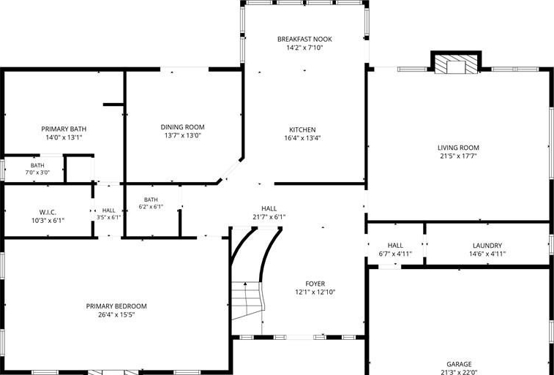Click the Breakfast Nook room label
[x=304, y=39]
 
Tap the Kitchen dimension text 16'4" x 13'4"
[x=302, y=138]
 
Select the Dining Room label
[x=183, y=127]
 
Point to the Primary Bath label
[x=64, y=129]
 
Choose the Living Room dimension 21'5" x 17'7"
[x=458, y=156]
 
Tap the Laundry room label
[x=487, y=246]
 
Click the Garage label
[x=459, y=364]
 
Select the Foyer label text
[x=315, y=284]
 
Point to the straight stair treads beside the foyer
[x=247, y=300]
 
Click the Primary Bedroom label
[x=116, y=306]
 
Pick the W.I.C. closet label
[x=48, y=213]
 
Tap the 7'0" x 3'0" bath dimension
[x=37, y=173]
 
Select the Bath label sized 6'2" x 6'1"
[x=151, y=200]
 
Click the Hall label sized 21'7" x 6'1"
[x=269, y=208]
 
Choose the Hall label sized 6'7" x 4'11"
[x=395, y=246]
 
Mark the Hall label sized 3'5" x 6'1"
[x=109, y=211]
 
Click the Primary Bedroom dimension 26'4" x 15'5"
[x=116, y=314]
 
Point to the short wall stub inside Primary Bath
[x=113, y=105]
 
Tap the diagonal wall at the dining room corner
[x=231, y=171]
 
